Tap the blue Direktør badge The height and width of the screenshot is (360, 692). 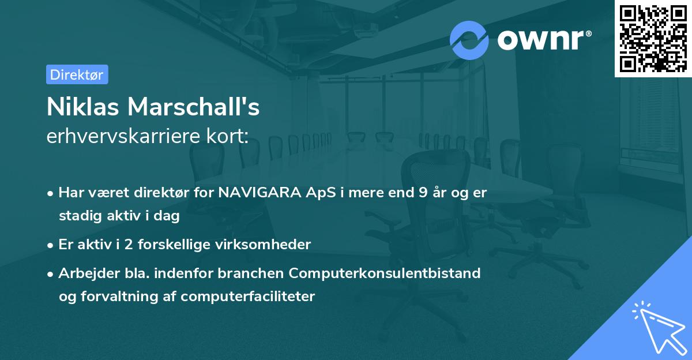click(x=77, y=74)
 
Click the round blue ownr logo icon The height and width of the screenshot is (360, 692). click(x=469, y=40)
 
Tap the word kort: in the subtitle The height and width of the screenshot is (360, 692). click(x=228, y=137)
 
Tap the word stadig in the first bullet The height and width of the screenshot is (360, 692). click(x=77, y=216)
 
